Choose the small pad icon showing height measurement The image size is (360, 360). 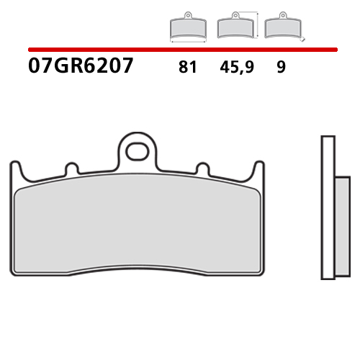(x=233, y=28)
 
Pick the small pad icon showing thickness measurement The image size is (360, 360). (x=279, y=28)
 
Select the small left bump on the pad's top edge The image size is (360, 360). (x=71, y=169)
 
